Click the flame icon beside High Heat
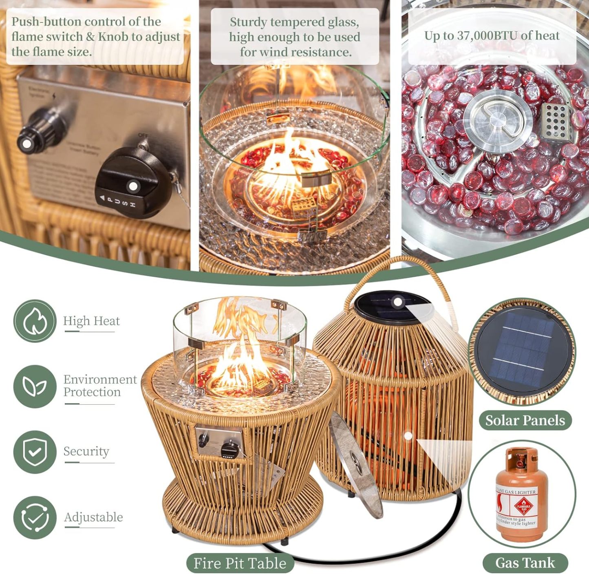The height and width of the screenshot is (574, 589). (x=35, y=321)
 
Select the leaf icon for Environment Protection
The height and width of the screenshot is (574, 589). (x=35, y=386)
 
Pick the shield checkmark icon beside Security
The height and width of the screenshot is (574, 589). (x=35, y=452)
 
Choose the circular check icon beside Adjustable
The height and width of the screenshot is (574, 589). (x=35, y=517)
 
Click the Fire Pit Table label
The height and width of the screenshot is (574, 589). (x=240, y=563)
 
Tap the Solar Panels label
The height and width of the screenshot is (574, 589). (x=525, y=420)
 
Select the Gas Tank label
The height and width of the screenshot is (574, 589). (x=525, y=563)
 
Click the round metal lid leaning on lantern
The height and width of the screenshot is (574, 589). (x=356, y=465)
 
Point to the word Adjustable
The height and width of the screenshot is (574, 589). (x=93, y=517)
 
